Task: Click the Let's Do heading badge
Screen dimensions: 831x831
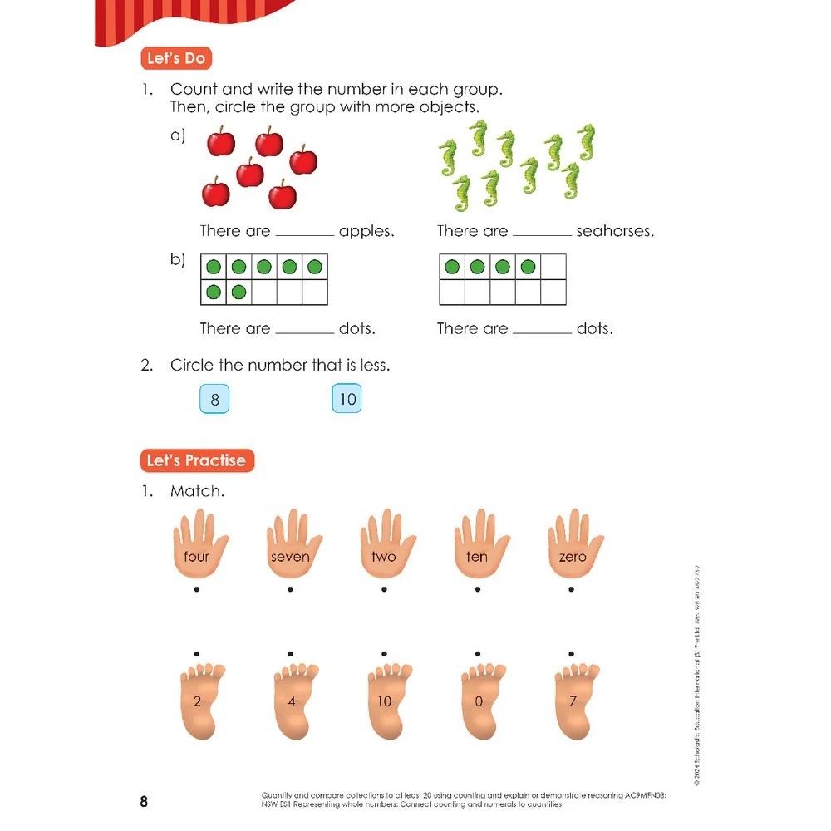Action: click(x=175, y=59)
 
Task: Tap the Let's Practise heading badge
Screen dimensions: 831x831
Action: click(x=196, y=460)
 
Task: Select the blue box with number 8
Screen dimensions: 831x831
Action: click(x=214, y=400)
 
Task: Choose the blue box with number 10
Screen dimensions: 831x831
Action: click(x=347, y=400)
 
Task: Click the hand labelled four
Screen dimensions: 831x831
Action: click(x=197, y=548)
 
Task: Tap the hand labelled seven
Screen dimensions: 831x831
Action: click(x=290, y=548)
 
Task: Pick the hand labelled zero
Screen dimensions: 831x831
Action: click(x=573, y=548)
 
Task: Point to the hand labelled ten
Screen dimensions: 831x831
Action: click(x=477, y=548)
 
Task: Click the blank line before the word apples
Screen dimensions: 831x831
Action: click(x=304, y=236)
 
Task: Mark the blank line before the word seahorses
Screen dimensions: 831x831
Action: click(x=542, y=236)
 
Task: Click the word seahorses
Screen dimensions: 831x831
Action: click(x=615, y=232)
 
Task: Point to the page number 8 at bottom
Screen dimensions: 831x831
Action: click(x=144, y=802)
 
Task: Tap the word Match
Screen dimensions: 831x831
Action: click(x=197, y=491)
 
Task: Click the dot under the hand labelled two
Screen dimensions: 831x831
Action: click(x=384, y=590)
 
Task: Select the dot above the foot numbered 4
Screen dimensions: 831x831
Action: click(x=290, y=653)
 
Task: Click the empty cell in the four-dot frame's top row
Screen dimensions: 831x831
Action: click(x=553, y=267)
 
